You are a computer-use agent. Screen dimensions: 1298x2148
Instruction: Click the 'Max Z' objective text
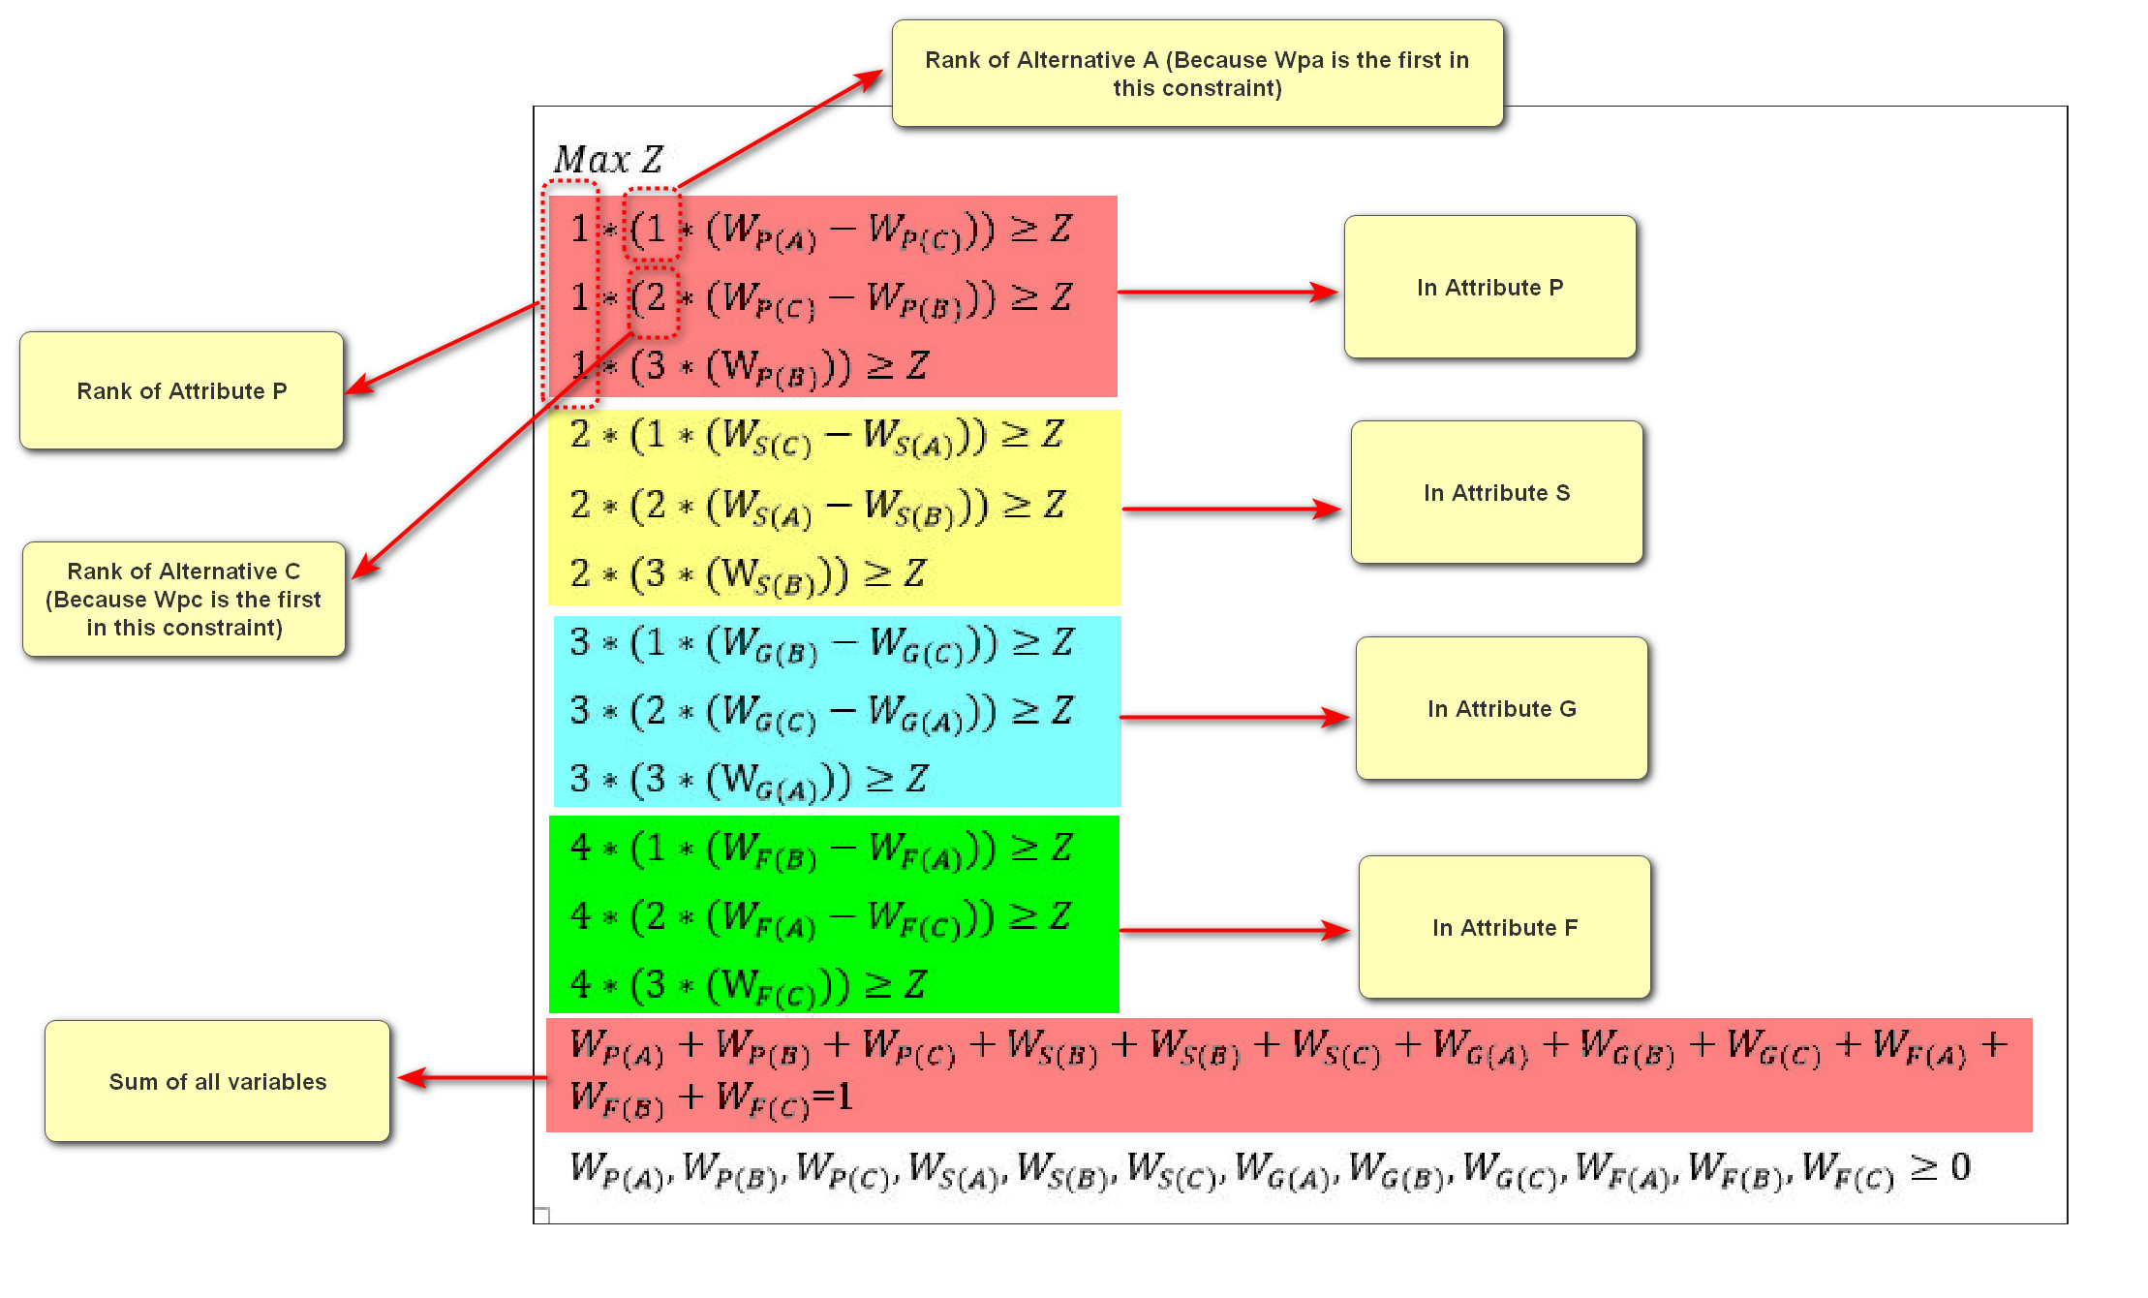coord(608,159)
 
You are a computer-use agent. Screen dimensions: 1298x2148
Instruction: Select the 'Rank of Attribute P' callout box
coord(182,391)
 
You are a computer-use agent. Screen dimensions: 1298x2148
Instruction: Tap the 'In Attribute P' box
coord(1489,288)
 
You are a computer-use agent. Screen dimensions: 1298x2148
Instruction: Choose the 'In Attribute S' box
coord(1496,493)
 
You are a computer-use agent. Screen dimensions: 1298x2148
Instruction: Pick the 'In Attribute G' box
coord(1501,709)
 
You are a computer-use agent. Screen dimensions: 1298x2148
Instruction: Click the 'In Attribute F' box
coord(1504,928)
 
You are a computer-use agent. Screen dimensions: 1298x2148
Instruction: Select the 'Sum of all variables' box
coord(217,1082)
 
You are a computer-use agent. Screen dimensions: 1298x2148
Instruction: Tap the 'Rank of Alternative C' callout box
coord(184,600)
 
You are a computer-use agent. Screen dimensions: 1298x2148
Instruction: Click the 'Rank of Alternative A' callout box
coord(1197,74)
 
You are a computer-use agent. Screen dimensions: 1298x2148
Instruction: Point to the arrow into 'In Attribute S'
coord(1230,509)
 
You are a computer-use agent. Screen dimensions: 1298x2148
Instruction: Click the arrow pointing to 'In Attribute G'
coord(1234,718)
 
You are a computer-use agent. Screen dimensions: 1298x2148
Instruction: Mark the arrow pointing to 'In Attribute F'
coord(1234,931)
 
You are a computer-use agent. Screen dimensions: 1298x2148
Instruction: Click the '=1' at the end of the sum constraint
coord(833,1097)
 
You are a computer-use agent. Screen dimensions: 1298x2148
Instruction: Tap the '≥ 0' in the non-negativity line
coord(1940,1167)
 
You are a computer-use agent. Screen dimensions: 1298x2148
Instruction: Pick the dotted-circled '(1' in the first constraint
coord(651,229)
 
